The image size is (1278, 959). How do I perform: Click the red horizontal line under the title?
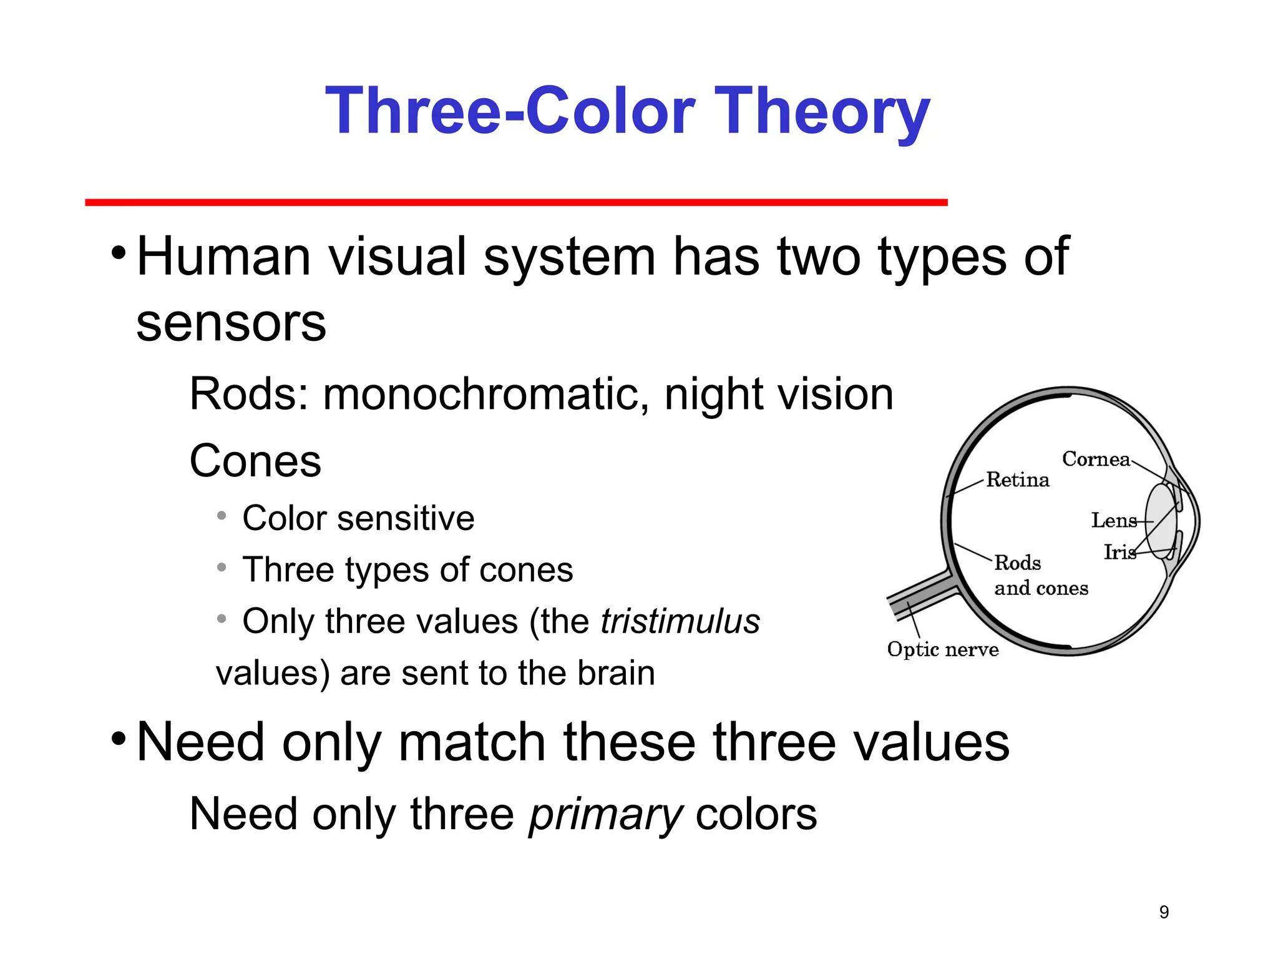[516, 202]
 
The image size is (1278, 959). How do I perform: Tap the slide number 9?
[1164, 912]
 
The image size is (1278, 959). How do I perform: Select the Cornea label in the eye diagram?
[1096, 460]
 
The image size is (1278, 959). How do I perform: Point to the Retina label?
[1018, 480]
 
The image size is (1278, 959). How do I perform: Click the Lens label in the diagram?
[1114, 520]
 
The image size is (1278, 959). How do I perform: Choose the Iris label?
[1119, 552]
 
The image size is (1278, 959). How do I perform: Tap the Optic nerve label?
[942, 649]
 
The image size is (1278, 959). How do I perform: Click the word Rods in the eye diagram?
[1017, 563]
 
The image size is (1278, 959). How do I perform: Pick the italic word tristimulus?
[680, 622]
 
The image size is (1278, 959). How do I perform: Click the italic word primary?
[606, 815]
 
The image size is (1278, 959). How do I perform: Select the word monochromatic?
[485, 395]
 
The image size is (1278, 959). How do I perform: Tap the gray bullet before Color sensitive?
[222, 516]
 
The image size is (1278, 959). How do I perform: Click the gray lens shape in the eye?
[1161, 521]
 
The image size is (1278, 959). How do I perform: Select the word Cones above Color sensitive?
[255, 461]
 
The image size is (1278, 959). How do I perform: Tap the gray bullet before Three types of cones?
[222, 568]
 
